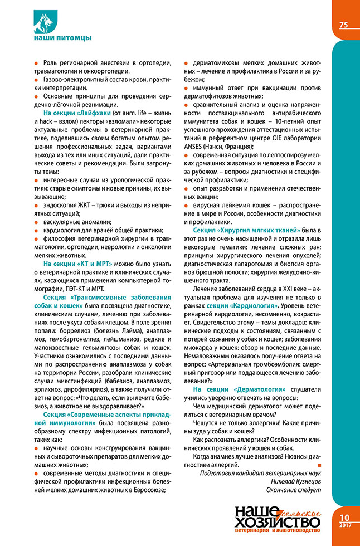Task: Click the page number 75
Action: [343, 25]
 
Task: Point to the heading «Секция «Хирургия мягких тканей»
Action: [246, 230]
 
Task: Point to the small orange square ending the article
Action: [319, 465]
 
